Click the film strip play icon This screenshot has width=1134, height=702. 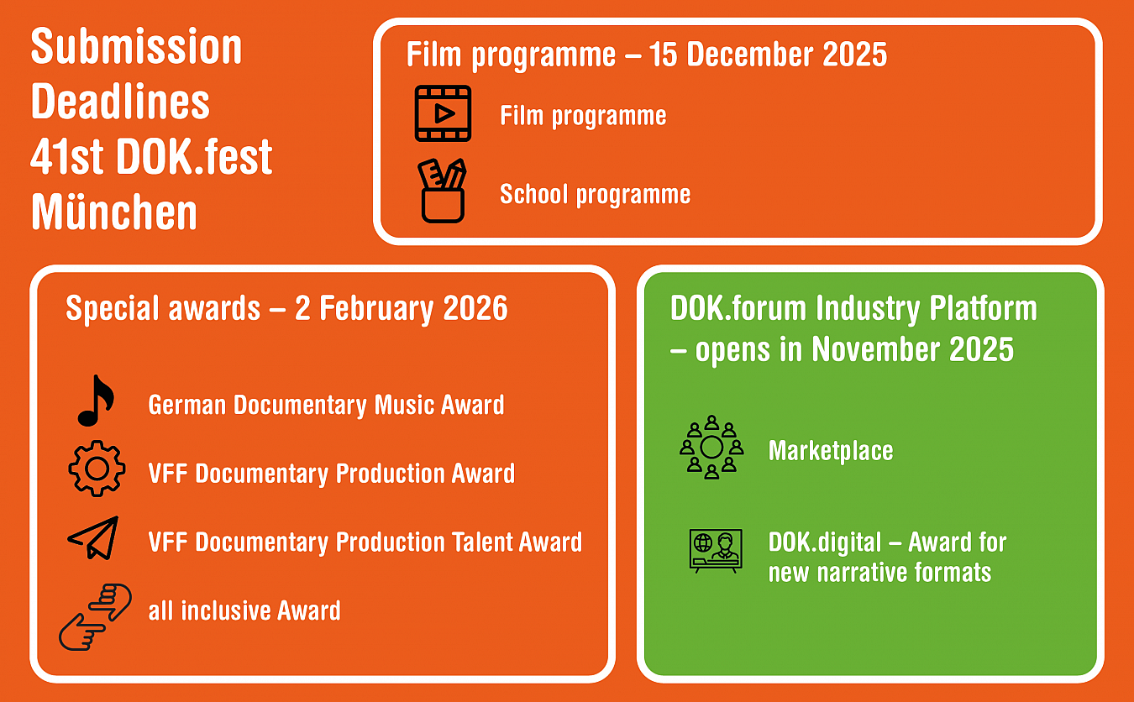click(443, 113)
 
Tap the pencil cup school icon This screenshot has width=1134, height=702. click(443, 191)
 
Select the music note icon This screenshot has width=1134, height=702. click(97, 401)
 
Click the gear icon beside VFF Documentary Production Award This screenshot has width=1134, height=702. click(97, 469)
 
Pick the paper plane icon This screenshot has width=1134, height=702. click(93, 537)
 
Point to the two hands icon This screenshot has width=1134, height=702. click(95, 616)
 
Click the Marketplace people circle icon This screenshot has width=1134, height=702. click(711, 448)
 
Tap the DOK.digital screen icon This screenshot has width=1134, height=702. click(716, 551)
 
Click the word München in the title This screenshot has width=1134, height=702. click(114, 212)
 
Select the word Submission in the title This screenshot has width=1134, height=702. click(137, 46)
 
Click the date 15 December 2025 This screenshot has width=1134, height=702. click(768, 54)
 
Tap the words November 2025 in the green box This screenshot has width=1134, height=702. click(913, 348)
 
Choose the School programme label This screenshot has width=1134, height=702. click(596, 194)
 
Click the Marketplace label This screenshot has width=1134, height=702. click(831, 451)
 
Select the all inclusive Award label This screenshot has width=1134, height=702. click(244, 610)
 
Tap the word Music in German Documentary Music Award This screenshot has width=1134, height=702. click(404, 405)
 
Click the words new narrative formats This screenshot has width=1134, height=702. click(879, 573)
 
